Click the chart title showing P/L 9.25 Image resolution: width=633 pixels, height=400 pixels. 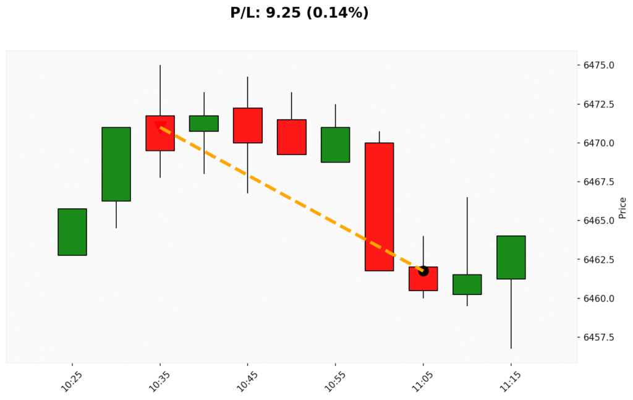[x=299, y=12]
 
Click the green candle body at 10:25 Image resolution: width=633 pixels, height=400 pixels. [x=72, y=232]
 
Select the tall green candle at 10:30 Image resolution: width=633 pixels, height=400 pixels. [x=116, y=164]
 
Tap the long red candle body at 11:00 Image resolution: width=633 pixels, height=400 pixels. [x=379, y=206]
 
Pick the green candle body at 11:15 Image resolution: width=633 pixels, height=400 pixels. [x=511, y=257]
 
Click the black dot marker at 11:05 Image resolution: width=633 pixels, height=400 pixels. [x=423, y=271]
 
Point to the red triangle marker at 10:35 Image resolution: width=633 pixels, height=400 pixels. [x=159, y=127]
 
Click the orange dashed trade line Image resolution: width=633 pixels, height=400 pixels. [x=291, y=199]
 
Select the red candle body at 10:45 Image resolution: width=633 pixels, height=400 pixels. [x=247, y=126]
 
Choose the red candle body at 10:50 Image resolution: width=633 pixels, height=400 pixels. [x=291, y=137]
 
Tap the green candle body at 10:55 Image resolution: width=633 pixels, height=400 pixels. [x=335, y=145]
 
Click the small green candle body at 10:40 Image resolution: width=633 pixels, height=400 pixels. [x=203, y=124]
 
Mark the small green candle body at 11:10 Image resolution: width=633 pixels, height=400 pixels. [x=467, y=284]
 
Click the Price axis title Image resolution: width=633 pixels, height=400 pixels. [x=622, y=208]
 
